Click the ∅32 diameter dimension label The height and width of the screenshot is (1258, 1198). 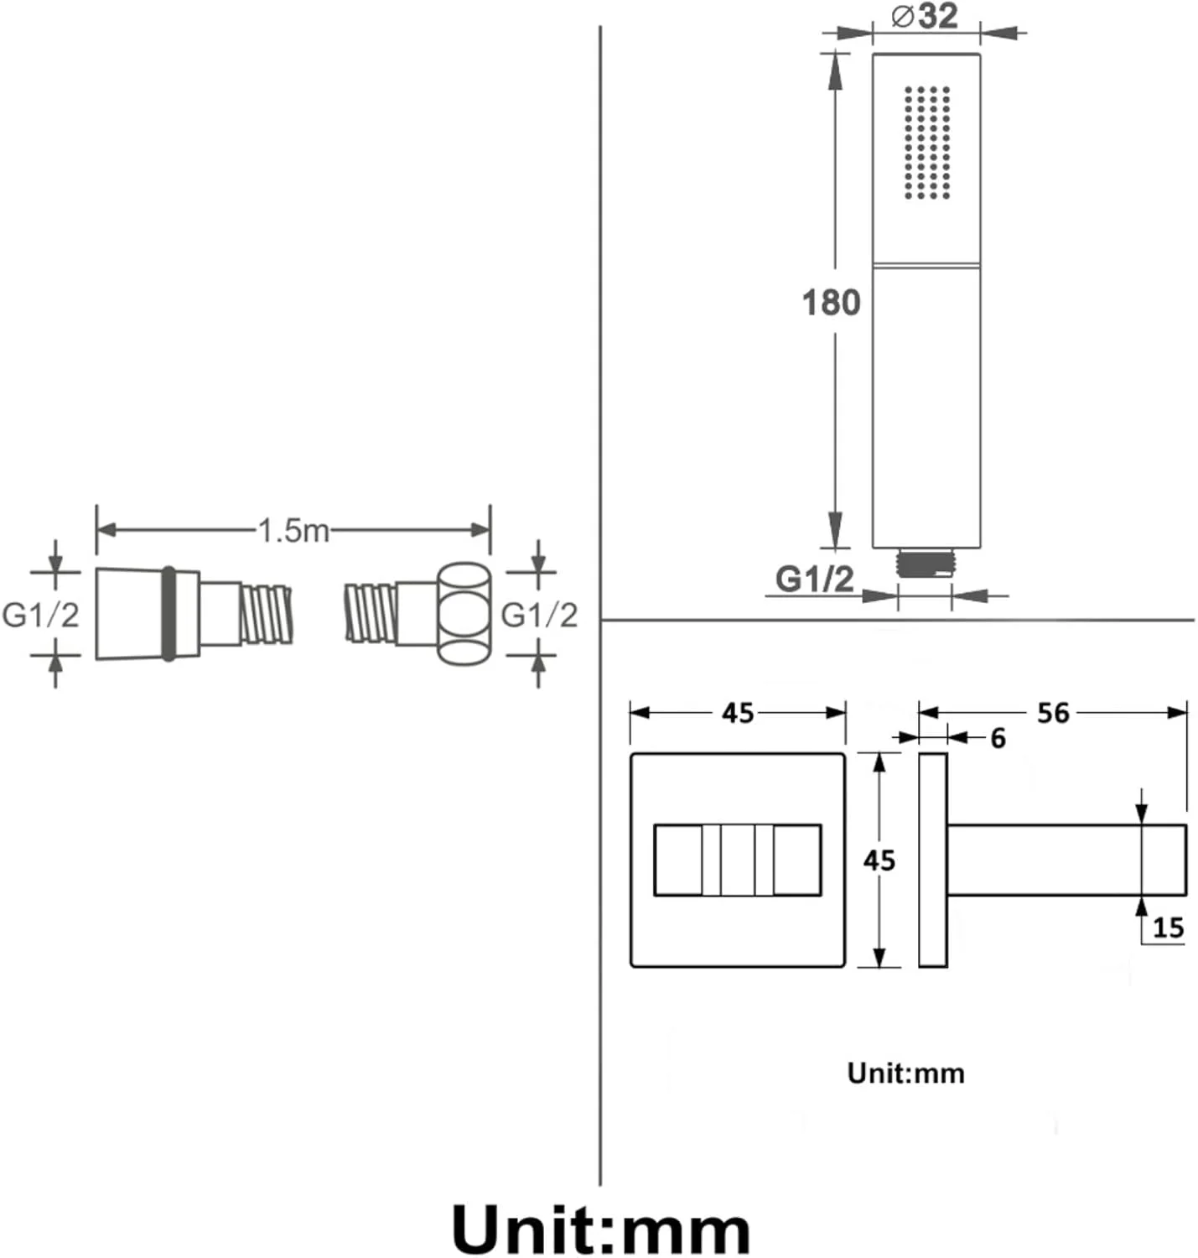(925, 16)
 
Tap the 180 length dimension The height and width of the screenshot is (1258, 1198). (831, 303)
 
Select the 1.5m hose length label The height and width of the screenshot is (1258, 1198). (293, 530)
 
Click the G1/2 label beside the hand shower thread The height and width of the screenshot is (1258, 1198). (814, 579)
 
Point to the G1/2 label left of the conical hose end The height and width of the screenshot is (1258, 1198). (40, 615)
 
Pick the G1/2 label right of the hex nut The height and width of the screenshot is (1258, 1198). (539, 615)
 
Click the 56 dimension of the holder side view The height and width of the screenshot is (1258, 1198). (1053, 713)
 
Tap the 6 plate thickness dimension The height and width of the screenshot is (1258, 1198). (998, 738)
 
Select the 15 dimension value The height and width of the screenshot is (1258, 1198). (1168, 928)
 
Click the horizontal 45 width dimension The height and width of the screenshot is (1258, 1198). (738, 713)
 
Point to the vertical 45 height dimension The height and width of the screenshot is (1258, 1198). (879, 860)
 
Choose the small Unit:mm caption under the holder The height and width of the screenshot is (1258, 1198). (905, 1073)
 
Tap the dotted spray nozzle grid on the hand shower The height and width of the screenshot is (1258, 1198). (927, 143)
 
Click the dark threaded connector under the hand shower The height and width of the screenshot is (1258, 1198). (926, 563)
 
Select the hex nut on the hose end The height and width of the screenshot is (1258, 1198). (464, 614)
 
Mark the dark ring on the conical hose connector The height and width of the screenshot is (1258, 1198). (169, 614)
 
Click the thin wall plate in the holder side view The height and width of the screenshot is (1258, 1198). (933, 860)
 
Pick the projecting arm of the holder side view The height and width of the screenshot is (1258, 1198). (1066, 860)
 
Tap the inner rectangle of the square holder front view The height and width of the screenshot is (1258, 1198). (737, 860)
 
